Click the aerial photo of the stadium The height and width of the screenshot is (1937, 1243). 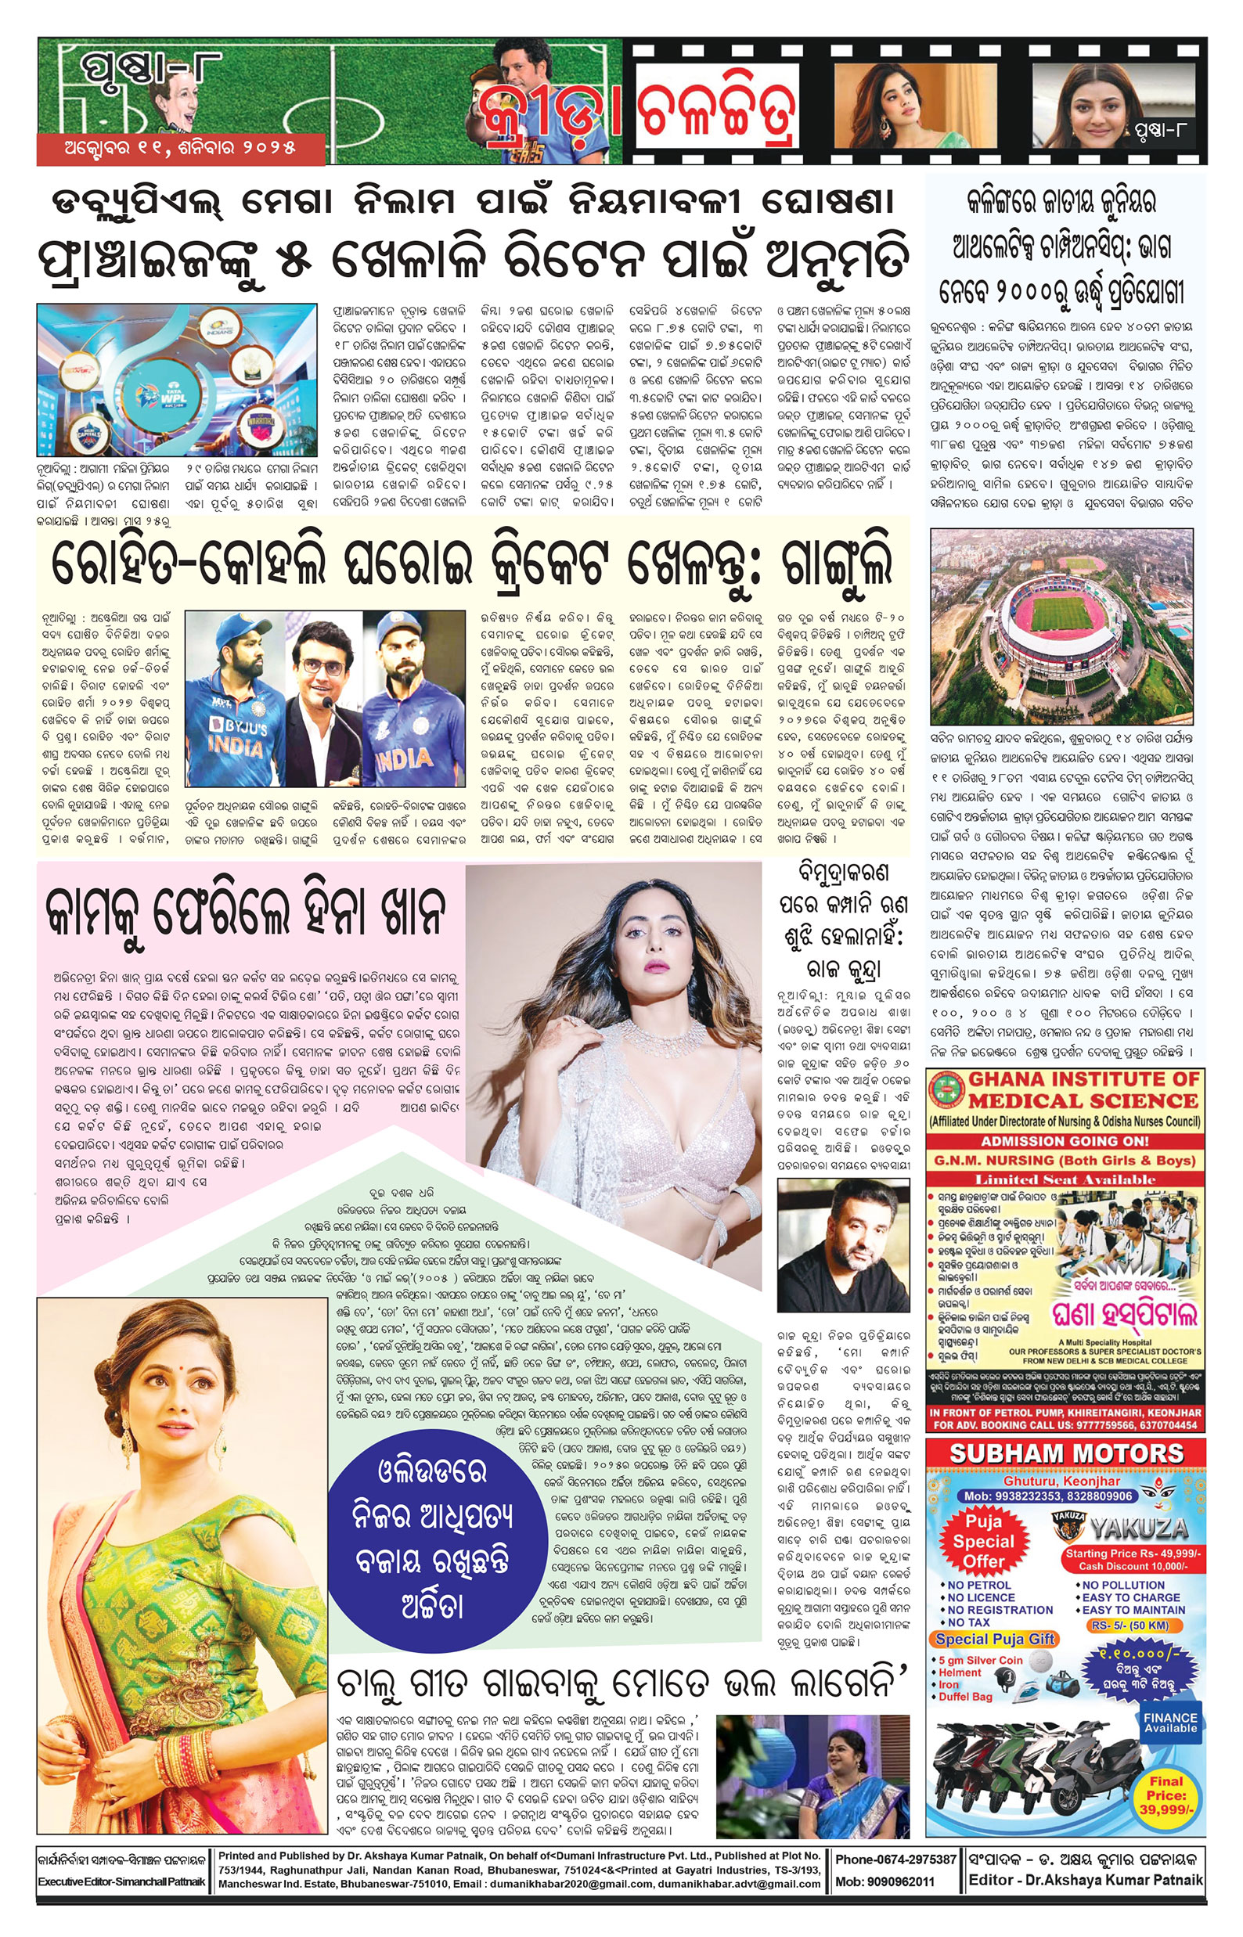point(1061,626)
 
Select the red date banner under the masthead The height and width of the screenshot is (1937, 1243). point(180,149)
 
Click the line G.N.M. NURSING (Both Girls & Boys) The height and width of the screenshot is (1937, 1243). point(1064,1160)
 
